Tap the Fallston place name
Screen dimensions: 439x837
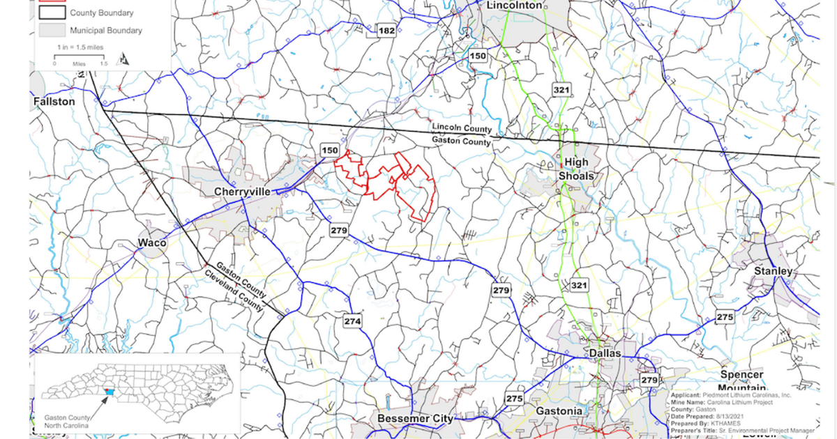point(54,102)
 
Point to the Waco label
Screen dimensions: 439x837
point(152,243)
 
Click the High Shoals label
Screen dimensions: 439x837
point(576,169)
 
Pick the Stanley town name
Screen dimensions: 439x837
point(773,271)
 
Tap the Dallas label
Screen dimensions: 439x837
point(604,354)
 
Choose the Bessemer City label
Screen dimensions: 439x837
point(414,419)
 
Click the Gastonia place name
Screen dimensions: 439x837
point(559,411)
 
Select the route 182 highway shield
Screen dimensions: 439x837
point(386,31)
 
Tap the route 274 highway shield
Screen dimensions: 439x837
point(353,321)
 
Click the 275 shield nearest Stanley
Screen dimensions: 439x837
point(725,318)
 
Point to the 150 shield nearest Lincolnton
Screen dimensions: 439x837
point(478,56)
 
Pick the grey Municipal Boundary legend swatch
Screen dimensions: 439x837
point(52,30)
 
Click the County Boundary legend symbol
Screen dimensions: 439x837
point(52,13)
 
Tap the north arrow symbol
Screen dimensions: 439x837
point(124,59)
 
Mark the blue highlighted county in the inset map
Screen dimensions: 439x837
point(108,393)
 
